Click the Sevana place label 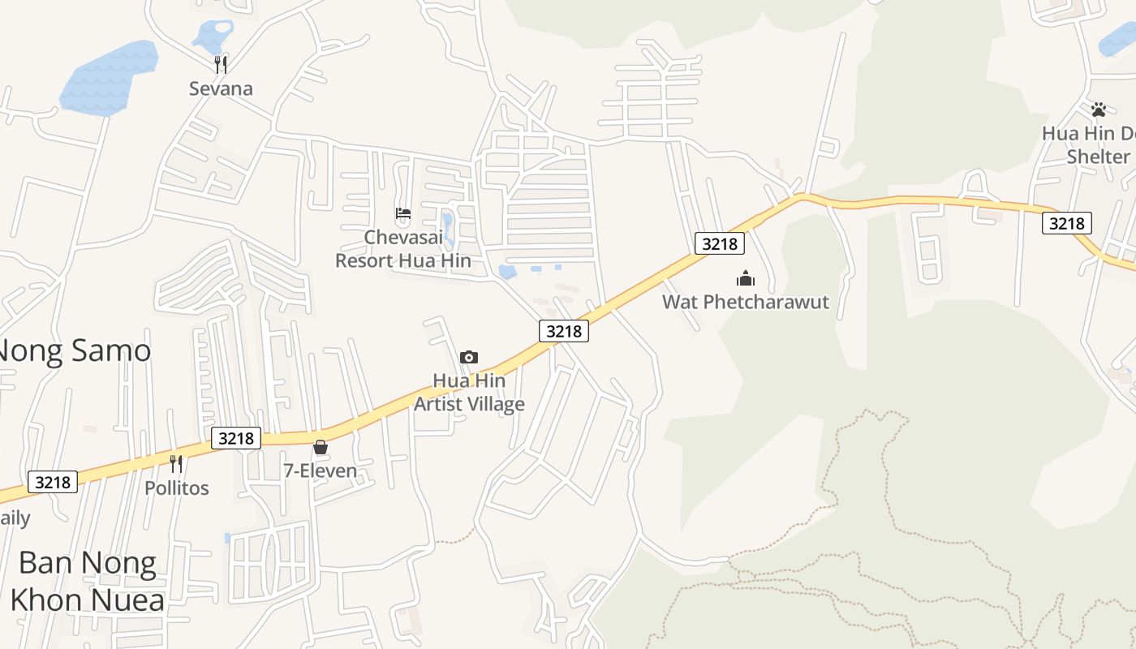click(x=221, y=88)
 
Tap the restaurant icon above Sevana click(x=220, y=64)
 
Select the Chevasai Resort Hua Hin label click(x=403, y=248)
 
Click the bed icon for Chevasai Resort click(x=403, y=214)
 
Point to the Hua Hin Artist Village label click(x=469, y=392)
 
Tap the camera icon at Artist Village click(x=469, y=357)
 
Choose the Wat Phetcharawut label click(x=746, y=303)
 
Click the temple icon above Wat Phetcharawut click(x=746, y=279)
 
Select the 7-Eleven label click(x=320, y=471)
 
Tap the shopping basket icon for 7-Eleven click(x=321, y=447)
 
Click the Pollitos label click(x=176, y=488)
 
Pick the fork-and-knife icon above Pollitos click(x=176, y=464)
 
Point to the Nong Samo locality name click(x=73, y=351)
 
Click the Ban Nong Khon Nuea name click(x=88, y=581)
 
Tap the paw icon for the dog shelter click(x=1099, y=110)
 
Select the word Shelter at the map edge click(x=1098, y=157)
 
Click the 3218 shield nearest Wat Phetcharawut click(x=720, y=243)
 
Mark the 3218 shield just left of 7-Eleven click(x=237, y=438)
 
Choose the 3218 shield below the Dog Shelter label click(x=1067, y=223)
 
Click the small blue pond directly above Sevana click(x=213, y=36)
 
